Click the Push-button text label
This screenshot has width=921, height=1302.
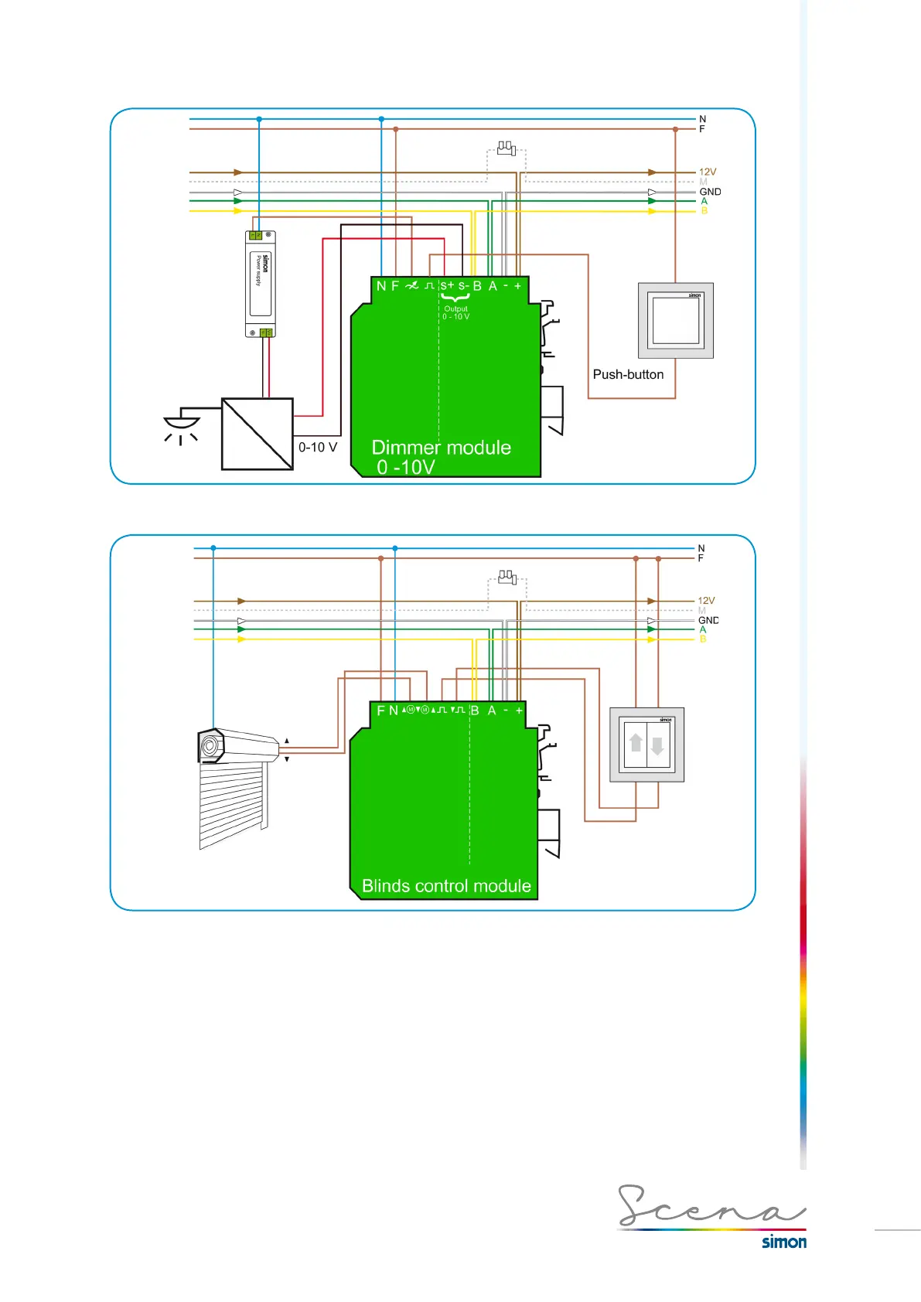[x=628, y=374]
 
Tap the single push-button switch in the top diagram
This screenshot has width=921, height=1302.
[x=676, y=320]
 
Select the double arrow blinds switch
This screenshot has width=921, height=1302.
[x=647, y=745]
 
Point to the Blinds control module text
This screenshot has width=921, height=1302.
[x=446, y=886]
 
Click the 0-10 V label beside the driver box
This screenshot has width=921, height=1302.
[x=318, y=447]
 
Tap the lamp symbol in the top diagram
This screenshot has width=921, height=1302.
[x=182, y=425]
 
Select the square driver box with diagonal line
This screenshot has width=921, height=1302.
[x=258, y=434]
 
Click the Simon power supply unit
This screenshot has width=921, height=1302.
[x=260, y=284]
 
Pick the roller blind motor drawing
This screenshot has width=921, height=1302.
[x=236, y=785]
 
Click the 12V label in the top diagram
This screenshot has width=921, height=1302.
[x=708, y=172]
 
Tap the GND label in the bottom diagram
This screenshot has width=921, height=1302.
[x=708, y=620]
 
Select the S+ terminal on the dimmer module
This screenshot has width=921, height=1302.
[x=447, y=285]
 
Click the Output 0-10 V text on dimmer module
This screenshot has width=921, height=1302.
[x=456, y=312]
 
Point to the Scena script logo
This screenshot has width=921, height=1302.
[x=710, y=1206]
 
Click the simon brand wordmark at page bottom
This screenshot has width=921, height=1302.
[x=783, y=1242]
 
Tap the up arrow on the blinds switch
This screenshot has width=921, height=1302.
[x=636, y=743]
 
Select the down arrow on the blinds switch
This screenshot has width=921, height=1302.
[x=657, y=746]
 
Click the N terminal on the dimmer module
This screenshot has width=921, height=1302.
[x=381, y=286]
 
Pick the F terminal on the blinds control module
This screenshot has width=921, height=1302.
[x=380, y=711]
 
